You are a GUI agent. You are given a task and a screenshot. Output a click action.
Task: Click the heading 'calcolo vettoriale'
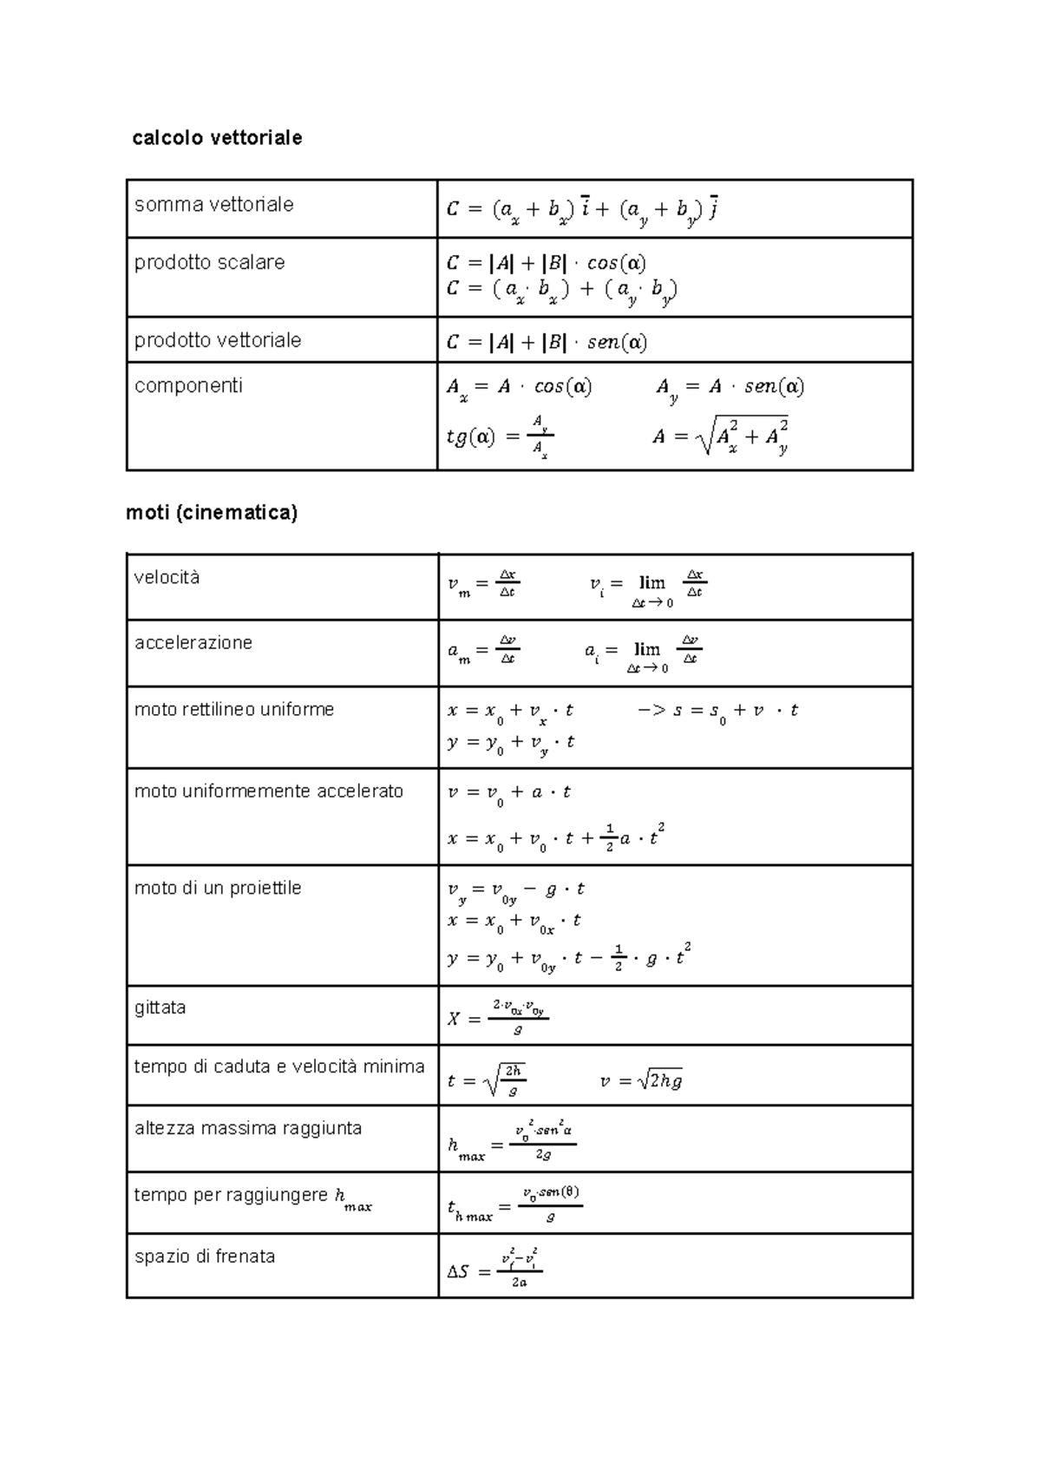point(217,138)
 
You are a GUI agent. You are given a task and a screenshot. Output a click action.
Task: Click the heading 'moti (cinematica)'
point(212,513)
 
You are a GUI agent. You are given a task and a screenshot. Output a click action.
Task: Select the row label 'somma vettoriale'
point(213,205)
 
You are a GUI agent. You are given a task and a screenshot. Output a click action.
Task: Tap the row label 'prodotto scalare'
point(209,263)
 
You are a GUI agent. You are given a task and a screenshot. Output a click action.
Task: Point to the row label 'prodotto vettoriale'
point(218,340)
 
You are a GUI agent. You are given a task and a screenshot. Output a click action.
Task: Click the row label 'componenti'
point(188,385)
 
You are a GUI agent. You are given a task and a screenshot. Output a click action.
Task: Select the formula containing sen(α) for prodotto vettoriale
point(547,343)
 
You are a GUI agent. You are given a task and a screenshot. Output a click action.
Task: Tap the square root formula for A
point(721,436)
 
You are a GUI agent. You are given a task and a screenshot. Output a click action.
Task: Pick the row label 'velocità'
point(167,578)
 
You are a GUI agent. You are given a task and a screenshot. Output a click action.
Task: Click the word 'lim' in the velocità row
point(651,583)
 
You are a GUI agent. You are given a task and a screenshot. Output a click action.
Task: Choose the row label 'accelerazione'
point(193,643)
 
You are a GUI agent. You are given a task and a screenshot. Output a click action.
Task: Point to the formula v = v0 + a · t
point(508,792)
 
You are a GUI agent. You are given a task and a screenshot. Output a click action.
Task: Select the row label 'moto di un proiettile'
point(218,889)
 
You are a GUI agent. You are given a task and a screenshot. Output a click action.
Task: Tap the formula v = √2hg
point(641,1081)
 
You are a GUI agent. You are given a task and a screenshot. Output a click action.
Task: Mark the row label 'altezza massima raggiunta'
point(248,1129)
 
